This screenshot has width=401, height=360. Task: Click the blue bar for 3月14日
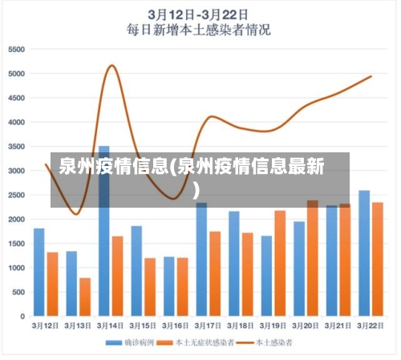tap(104, 233)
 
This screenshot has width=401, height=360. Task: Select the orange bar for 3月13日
tap(85, 297)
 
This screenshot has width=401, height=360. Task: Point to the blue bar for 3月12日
tap(39, 272)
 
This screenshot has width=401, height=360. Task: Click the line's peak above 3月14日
tap(111, 66)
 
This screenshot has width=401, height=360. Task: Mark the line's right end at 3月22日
tap(371, 77)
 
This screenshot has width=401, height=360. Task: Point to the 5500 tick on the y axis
tap(17, 50)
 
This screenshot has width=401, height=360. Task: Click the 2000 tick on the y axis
tap(17, 219)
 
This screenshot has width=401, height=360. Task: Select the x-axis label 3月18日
tap(241, 326)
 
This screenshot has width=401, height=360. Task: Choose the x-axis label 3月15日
tap(143, 326)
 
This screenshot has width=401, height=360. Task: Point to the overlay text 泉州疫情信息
tap(112, 168)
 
